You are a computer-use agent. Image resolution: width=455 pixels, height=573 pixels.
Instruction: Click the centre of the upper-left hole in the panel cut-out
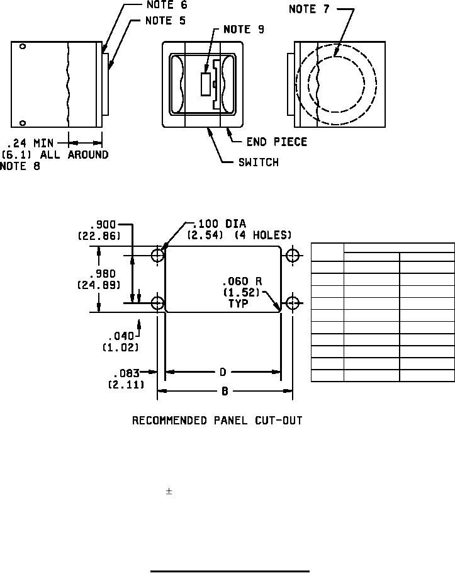point(157,255)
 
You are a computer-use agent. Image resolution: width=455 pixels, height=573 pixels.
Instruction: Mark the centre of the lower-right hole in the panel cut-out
point(293,303)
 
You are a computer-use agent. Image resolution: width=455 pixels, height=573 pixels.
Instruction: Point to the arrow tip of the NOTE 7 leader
point(334,57)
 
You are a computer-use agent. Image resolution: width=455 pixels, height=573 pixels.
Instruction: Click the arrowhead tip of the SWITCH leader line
point(208,128)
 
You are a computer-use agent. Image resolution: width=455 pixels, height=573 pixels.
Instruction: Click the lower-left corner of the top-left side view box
point(11,127)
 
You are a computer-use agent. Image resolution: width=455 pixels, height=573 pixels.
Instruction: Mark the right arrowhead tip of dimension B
point(293,390)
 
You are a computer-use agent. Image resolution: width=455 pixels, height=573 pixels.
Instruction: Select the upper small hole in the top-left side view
point(23,47)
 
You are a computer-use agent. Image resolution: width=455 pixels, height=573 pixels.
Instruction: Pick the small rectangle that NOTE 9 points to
point(206,84)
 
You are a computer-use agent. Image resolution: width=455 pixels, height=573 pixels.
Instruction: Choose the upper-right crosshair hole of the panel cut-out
point(293,255)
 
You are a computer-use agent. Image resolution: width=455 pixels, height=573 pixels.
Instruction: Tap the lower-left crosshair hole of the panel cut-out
point(157,303)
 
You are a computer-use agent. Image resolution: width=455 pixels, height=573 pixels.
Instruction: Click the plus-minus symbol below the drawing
point(169,492)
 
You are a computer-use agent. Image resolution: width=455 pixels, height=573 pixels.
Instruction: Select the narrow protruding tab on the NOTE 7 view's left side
point(291,84)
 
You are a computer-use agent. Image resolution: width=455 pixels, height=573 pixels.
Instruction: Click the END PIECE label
point(277,142)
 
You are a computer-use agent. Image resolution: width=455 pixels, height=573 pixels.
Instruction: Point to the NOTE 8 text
point(20,166)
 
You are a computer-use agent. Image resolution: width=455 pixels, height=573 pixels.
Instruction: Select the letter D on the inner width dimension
point(223,372)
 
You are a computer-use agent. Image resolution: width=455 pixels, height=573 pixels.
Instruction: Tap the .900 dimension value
point(103,224)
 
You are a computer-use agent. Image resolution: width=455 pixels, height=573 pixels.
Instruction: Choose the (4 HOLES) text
point(263,235)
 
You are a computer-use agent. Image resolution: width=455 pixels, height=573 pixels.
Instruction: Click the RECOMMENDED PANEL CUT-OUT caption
point(217,421)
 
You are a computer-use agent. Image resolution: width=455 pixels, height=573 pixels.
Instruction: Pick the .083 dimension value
point(126,373)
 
